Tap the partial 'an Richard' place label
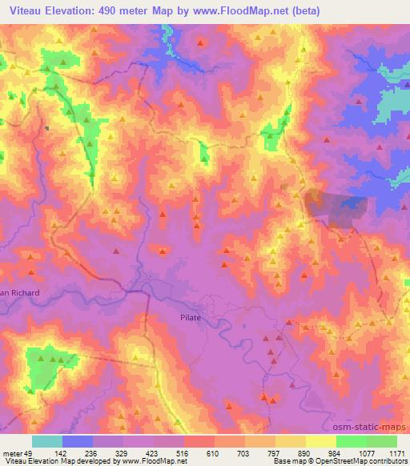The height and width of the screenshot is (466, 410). pyautogui.click(x=19, y=293)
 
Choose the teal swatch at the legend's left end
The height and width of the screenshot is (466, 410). pyautogui.click(x=47, y=441)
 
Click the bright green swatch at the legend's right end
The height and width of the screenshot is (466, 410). pyautogui.click(x=381, y=441)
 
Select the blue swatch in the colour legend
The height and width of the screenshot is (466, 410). pyautogui.click(x=78, y=441)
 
